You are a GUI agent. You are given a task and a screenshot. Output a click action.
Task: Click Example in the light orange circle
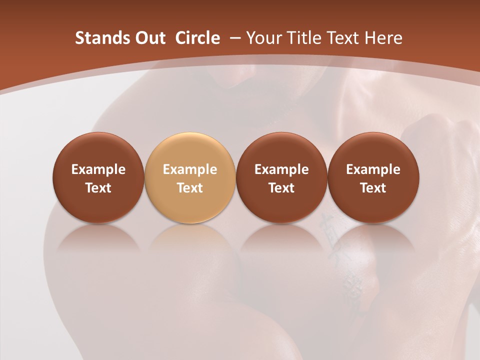[x=190, y=169]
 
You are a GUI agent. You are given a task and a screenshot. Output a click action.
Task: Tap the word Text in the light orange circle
[x=190, y=188]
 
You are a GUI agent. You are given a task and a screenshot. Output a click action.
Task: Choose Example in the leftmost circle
[x=98, y=169]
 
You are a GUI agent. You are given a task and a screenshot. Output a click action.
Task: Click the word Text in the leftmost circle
[x=98, y=188]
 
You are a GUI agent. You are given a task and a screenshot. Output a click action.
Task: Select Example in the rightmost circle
[x=373, y=169]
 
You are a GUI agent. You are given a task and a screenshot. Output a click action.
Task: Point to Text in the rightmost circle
[x=373, y=188]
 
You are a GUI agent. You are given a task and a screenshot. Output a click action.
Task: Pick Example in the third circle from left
[x=281, y=169]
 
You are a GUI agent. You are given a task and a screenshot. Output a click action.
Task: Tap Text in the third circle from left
[x=281, y=188]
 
